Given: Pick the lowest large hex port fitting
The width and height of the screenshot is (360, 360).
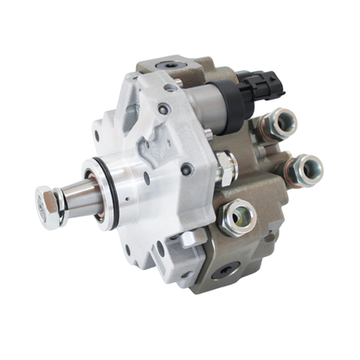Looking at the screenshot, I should [239, 217].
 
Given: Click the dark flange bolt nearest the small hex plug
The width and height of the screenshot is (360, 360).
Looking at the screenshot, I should [187, 170].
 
